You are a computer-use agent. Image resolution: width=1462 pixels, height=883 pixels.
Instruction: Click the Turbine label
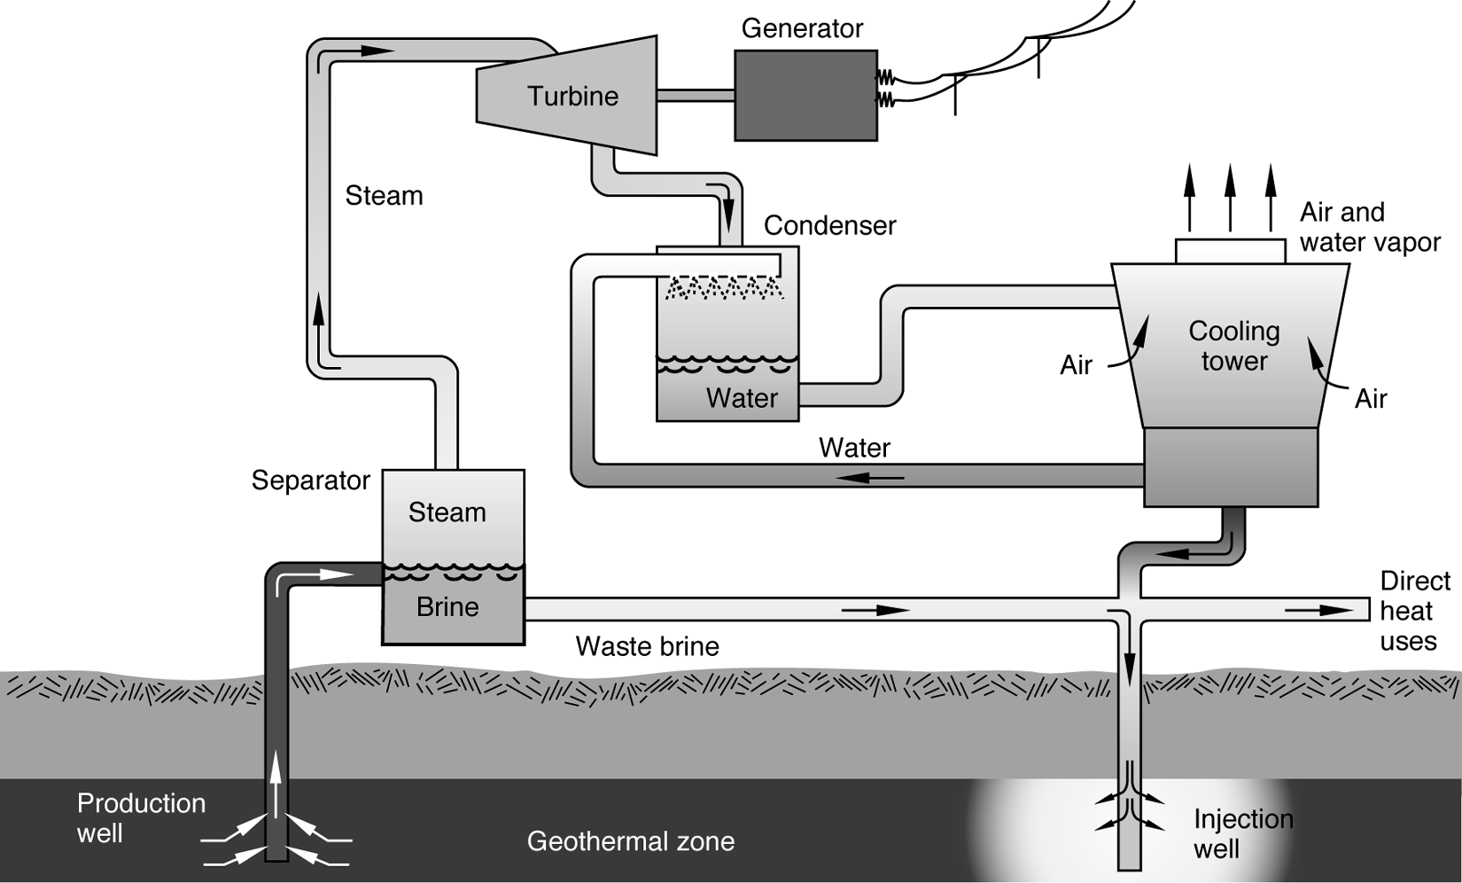(x=572, y=96)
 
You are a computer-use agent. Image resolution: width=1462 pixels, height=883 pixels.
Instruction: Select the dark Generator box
(x=805, y=95)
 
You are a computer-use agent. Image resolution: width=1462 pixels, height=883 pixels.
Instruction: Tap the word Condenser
(x=829, y=225)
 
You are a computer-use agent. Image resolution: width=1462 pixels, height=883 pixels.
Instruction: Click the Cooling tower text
(x=1233, y=346)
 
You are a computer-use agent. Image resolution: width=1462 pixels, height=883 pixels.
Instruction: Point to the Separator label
(x=310, y=481)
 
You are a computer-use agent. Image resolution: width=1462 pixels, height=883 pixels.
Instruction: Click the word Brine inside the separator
(x=447, y=607)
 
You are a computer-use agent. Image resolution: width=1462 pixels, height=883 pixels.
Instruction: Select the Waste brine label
(x=647, y=646)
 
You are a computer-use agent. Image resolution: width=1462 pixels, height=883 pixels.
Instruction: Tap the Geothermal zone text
(x=630, y=840)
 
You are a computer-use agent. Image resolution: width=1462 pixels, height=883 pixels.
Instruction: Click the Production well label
(x=140, y=817)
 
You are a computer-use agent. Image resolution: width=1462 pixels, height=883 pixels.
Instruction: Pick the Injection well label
(x=1242, y=833)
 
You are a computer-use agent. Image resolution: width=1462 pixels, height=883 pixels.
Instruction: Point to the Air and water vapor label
(x=1369, y=227)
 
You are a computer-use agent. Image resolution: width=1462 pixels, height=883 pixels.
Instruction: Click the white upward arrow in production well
(x=277, y=785)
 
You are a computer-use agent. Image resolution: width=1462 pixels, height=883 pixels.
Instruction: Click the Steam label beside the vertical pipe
(x=384, y=195)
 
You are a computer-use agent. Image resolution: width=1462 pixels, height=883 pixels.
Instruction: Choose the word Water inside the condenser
(x=742, y=398)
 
